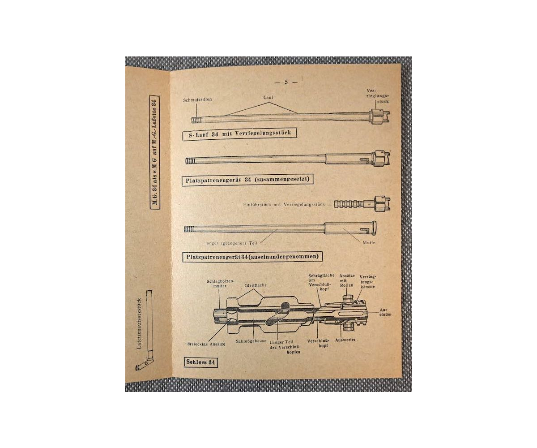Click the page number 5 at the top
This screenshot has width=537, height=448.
click(286, 82)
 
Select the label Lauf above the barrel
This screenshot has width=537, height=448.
click(268, 97)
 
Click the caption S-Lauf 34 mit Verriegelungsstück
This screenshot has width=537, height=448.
click(239, 133)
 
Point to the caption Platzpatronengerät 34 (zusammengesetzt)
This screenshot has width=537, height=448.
click(248, 180)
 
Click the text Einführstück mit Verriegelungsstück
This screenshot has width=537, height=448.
click(286, 205)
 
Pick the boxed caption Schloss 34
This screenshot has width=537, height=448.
click(200, 362)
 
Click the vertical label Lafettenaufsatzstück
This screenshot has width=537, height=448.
click(139, 323)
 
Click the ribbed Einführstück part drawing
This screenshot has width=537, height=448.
click(349, 204)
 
